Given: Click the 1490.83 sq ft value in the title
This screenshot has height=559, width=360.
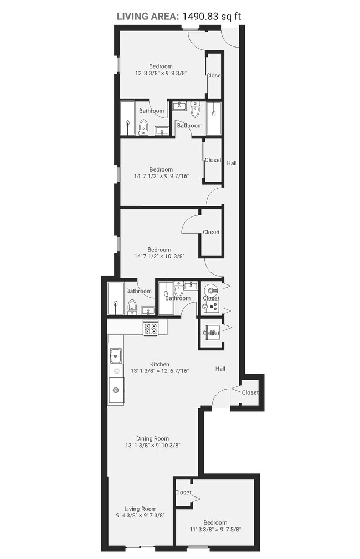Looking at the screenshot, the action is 212,16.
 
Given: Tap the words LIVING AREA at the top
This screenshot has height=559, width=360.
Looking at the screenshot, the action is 148,16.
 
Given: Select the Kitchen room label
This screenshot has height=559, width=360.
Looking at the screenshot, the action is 160,364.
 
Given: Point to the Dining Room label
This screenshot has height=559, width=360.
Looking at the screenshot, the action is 152,438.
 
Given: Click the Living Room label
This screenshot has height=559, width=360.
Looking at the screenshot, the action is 140,509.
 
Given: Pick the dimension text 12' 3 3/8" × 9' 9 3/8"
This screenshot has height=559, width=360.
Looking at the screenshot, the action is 161,73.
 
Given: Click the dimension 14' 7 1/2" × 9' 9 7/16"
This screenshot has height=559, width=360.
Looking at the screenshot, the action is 161,176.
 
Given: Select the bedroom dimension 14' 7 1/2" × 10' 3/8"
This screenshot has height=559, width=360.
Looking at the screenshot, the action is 160,256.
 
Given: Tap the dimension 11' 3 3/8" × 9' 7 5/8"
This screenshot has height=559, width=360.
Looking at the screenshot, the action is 215,530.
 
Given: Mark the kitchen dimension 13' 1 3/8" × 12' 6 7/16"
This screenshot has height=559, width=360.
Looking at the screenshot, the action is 160,371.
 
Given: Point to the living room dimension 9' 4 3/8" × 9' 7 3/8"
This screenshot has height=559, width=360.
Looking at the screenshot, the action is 140,515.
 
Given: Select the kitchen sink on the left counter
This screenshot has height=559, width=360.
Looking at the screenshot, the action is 116,355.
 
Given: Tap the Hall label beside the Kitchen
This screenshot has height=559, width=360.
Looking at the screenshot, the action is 220,369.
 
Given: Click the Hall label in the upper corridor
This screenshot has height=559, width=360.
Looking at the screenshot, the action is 232,163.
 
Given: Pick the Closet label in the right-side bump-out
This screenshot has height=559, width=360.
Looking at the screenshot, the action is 250,392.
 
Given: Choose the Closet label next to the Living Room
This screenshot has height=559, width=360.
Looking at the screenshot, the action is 183,493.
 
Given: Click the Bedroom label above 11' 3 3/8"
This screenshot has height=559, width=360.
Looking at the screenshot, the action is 215,522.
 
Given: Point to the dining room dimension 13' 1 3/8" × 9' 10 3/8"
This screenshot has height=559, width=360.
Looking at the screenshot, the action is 152,446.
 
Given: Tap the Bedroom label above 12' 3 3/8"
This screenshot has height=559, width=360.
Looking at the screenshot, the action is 161,66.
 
